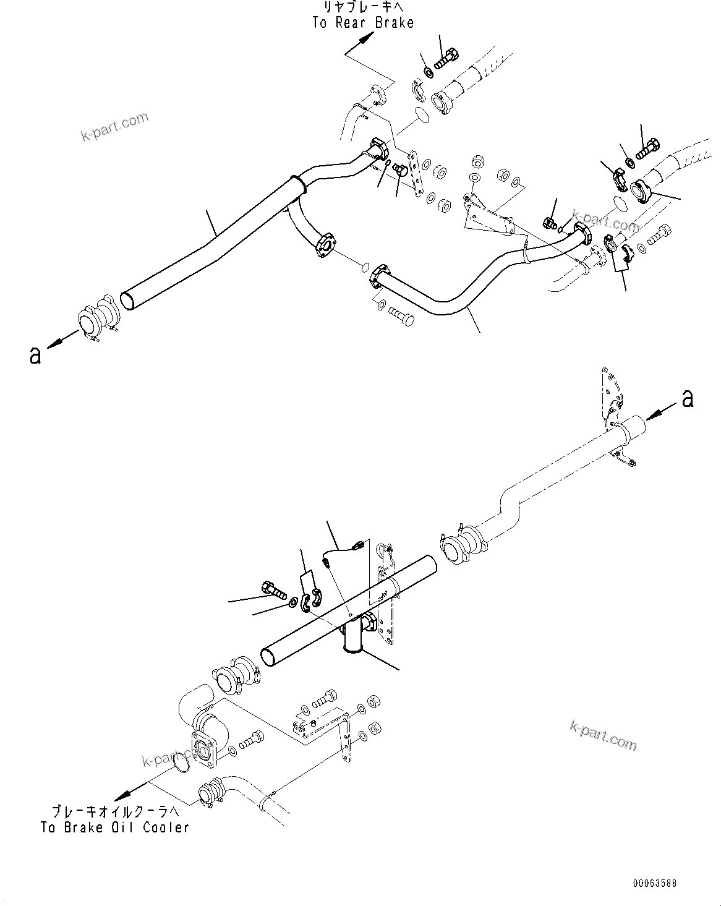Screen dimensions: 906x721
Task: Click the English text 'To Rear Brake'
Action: click(x=362, y=22)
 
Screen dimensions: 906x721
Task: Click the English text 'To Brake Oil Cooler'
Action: click(x=114, y=827)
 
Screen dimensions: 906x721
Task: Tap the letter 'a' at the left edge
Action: click(x=36, y=355)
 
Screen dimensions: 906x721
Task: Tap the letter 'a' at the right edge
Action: click(x=688, y=400)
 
